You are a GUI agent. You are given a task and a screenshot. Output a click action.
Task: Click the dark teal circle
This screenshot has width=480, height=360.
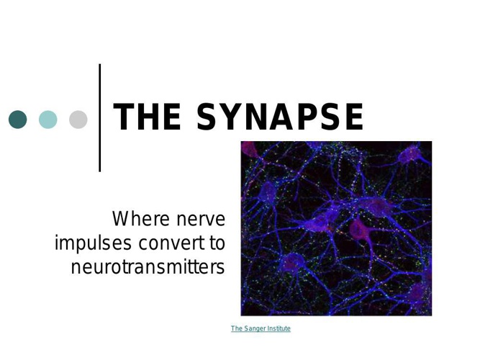click(18, 120)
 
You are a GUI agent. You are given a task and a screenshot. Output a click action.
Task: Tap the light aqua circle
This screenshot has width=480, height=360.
click(48, 120)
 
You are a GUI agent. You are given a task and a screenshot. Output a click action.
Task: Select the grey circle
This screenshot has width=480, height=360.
click(78, 120)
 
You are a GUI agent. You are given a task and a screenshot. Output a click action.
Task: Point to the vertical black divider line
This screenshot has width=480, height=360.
click(100, 117)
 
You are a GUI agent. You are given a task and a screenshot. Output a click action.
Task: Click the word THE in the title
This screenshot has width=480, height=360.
click(147, 117)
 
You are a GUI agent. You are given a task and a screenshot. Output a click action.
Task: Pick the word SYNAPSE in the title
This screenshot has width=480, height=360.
click(280, 117)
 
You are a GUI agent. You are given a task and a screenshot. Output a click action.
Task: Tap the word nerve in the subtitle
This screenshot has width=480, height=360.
click(201, 220)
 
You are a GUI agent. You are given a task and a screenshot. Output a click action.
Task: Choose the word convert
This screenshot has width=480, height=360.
click(173, 243)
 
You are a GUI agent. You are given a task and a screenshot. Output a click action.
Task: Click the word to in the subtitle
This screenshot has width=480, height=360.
click(217, 243)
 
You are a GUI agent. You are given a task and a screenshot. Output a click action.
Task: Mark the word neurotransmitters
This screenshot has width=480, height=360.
click(148, 267)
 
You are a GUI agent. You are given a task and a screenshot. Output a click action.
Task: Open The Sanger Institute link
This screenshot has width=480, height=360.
click(261, 329)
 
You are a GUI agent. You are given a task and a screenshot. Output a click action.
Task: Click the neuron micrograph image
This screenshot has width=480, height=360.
click(336, 228)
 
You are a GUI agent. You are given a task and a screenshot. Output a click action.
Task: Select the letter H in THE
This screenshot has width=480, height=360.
click(147, 117)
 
